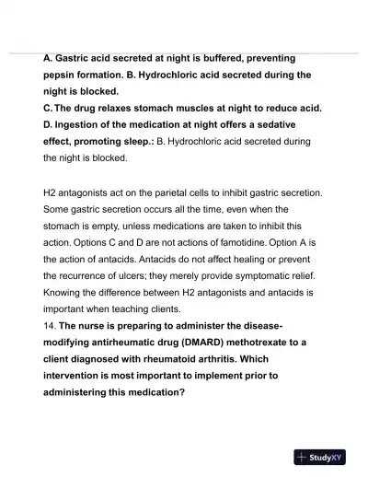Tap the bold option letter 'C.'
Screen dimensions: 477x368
point(50,109)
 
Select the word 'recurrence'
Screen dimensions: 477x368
point(97,275)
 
